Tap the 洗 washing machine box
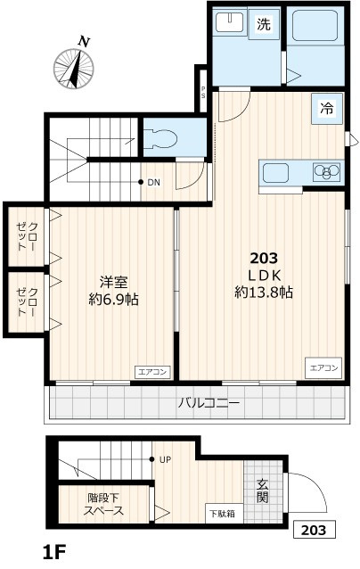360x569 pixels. coord(263,26)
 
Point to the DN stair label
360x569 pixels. coord(153,183)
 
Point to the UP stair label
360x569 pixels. coord(165,459)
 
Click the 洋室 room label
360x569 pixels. coord(113,283)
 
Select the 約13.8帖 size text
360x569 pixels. coord(265,292)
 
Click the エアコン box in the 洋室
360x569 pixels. coord(151,372)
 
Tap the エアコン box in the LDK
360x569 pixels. coord(323,367)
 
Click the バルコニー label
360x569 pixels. coord(209,403)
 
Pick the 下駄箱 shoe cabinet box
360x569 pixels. coord(224,513)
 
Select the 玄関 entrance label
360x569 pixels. coord(263,490)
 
